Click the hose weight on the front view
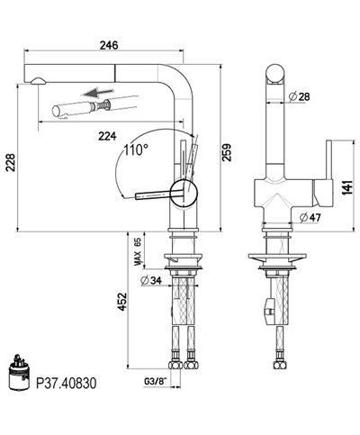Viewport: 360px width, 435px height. [x=267, y=313]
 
